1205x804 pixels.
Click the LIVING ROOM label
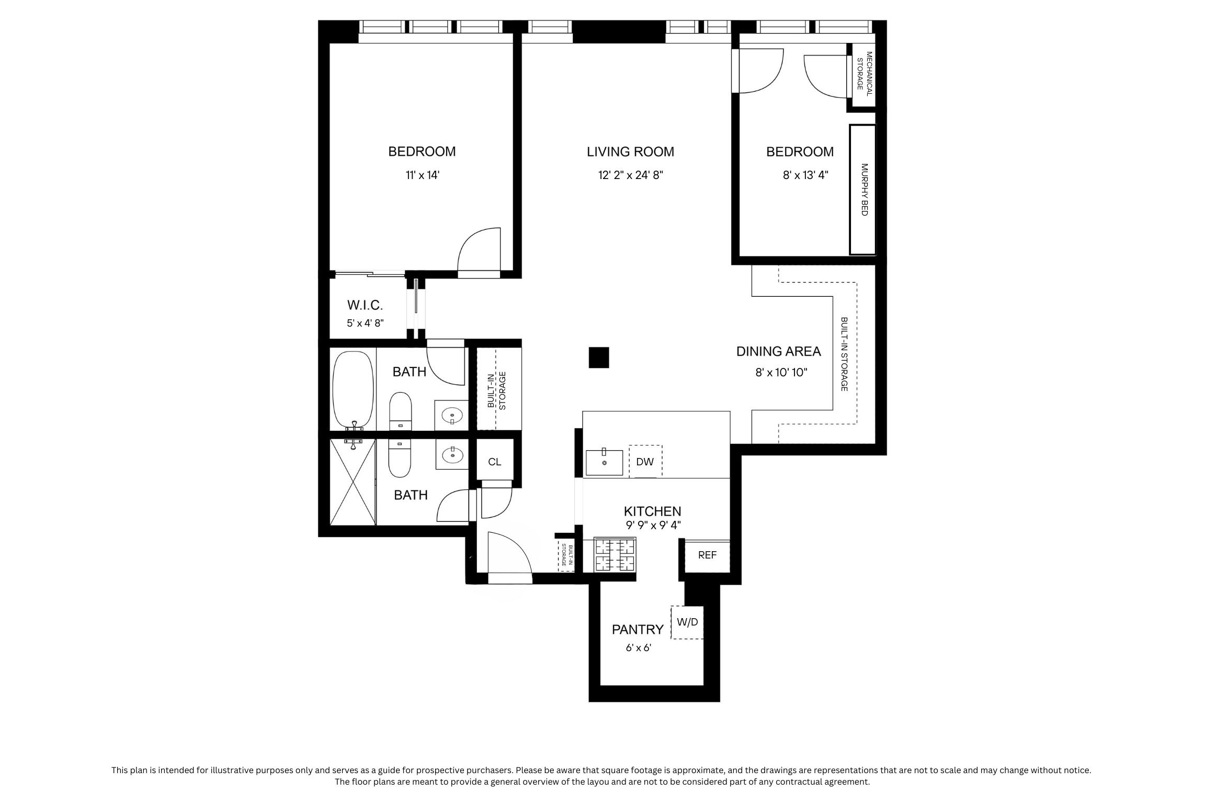pyautogui.click(x=630, y=152)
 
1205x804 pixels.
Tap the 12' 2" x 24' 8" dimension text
pyautogui.click(x=631, y=175)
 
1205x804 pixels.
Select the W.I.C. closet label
pyautogui.click(x=365, y=305)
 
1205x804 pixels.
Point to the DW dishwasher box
pyautogui.click(x=645, y=462)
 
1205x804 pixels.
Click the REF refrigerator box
pyautogui.click(x=707, y=555)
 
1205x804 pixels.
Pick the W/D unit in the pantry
pyautogui.click(x=687, y=622)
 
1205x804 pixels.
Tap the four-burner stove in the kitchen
pyautogui.click(x=615, y=555)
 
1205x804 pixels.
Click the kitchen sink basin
pyautogui.click(x=604, y=462)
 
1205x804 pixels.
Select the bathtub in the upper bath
pyautogui.click(x=354, y=390)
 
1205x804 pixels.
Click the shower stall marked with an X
pyautogui.click(x=353, y=482)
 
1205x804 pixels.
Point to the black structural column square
pyautogui.click(x=599, y=358)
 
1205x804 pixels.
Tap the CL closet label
pyautogui.click(x=494, y=462)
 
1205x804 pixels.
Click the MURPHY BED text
pyautogui.click(x=864, y=189)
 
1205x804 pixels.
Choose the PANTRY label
pyautogui.click(x=638, y=629)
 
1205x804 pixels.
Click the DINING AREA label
pyautogui.click(x=779, y=351)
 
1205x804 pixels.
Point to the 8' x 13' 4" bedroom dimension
pyautogui.click(x=805, y=175)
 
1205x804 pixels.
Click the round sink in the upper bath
pyautogui.click(x=452, y=416)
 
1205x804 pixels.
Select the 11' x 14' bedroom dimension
pyautogui.click(x=422, y=175)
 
